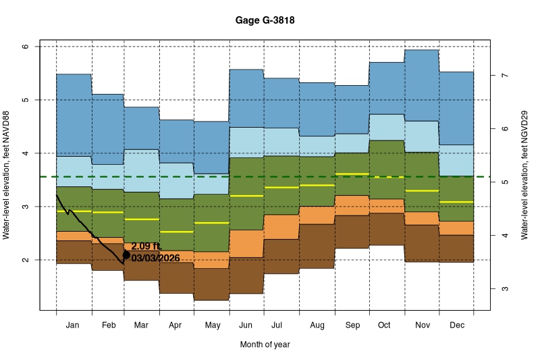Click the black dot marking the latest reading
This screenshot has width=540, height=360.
click(126, 255)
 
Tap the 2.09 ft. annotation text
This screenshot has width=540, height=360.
click(146, 247)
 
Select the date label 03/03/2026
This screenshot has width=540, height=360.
click(155, 258)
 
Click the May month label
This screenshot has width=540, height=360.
click(212, 325)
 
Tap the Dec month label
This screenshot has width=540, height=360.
click(456, 325)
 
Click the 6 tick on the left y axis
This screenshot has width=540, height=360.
click(25, 47)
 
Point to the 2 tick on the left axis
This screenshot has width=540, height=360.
click(25, 260)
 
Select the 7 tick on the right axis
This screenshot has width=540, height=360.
click(504, 76)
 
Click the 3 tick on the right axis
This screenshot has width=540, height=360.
click(504, 289)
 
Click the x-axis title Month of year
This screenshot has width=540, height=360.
click(265, 344)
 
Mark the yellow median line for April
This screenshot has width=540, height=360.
click(177, 232)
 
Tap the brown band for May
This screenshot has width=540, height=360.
click(212, 284)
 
